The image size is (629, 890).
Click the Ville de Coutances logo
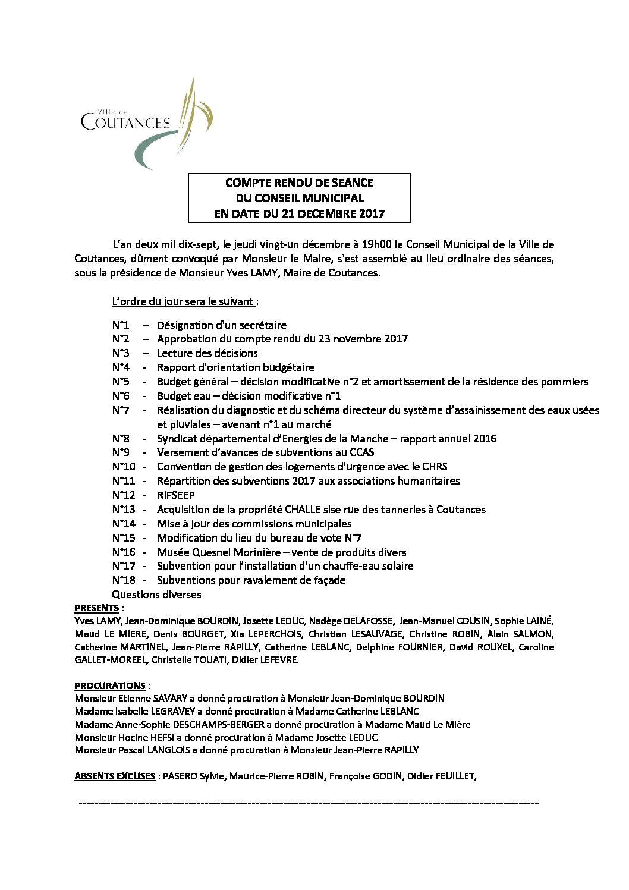pos(146,123)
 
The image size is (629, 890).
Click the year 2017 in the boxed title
pos(372,213)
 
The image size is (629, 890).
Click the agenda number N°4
pos(121,367)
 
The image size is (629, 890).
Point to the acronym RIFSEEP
pos(175,495)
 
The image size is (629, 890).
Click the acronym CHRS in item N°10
pos(435,467)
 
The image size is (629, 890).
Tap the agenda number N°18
pos(124,580)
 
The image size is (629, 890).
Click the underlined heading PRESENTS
pos(96,608)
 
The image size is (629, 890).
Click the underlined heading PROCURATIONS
pos(110,685)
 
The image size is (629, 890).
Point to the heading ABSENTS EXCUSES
pos(115,776)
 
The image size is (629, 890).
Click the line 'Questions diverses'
pos(156,595)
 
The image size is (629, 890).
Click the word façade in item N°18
pos(328,580)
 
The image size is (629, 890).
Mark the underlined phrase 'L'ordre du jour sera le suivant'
pos(183,301)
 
